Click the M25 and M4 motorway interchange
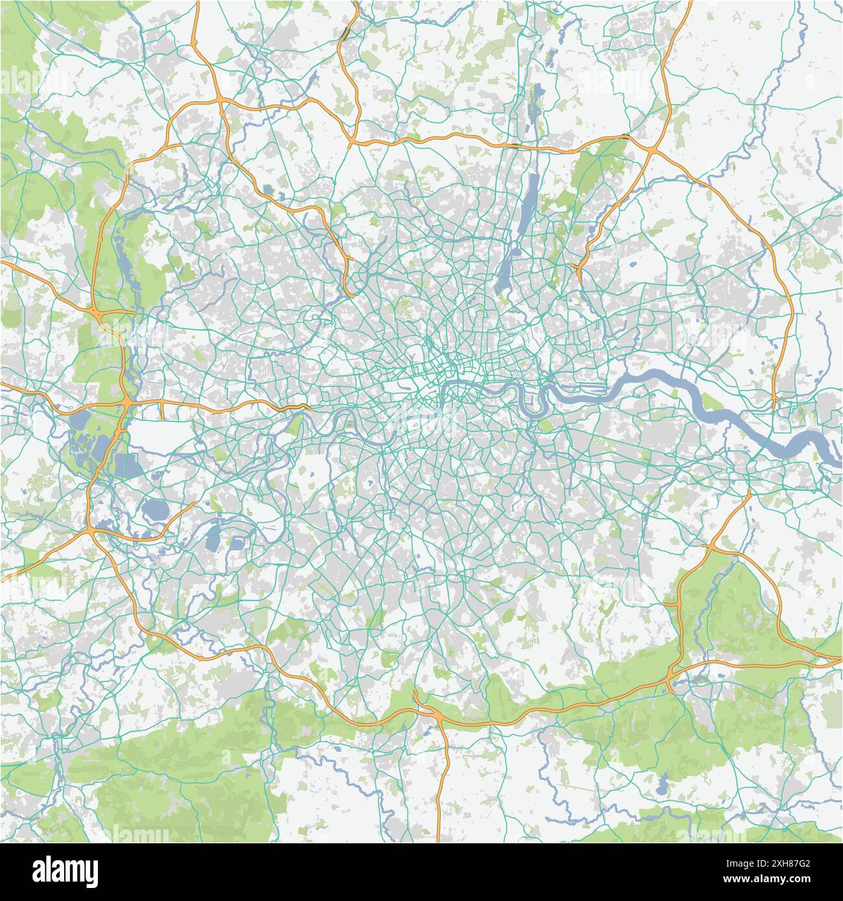point(125,404)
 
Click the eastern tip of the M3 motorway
point(195,503)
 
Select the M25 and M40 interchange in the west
point(96,315)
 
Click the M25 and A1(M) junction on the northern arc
point(351,140)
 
